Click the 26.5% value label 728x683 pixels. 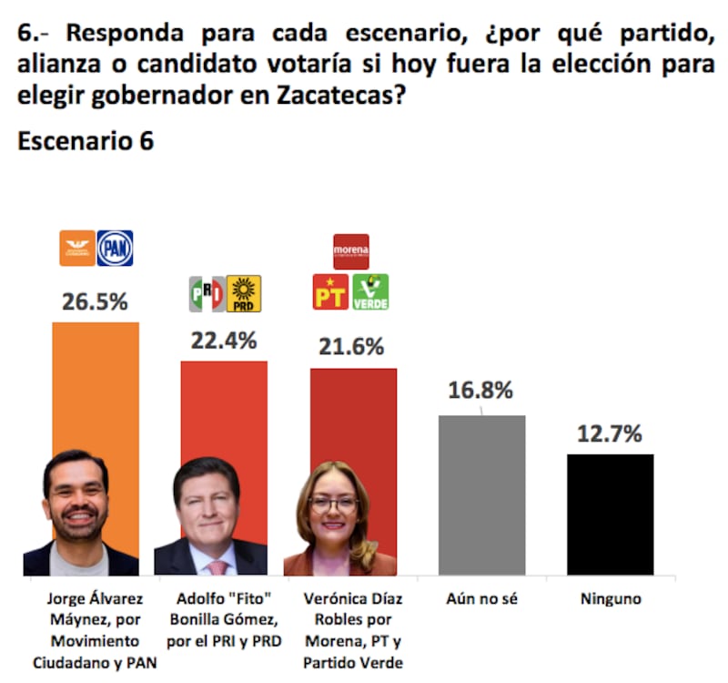pos(96,302)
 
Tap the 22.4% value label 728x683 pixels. pos(224,341)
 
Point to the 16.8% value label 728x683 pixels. pos(480,390)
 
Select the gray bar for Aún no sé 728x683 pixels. pos(481,495)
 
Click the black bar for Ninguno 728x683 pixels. pos(610,515)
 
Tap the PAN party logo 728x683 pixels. pos(115,248)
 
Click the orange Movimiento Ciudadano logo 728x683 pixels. pos(77,248)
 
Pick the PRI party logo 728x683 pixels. pos(206,293)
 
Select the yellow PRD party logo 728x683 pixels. pos(243,293)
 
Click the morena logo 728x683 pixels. pos(351,250)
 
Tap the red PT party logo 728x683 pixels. pos(330,292)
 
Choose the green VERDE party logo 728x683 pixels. pos(370,292)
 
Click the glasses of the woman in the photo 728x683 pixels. pos(333,503)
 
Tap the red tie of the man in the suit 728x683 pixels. pos(217,566)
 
